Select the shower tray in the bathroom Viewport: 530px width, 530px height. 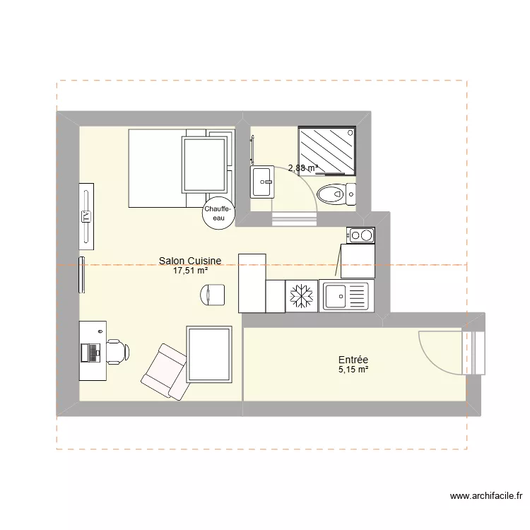point(326,150)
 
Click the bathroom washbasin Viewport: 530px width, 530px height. point(262,182)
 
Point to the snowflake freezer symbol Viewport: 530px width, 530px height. point(302,295)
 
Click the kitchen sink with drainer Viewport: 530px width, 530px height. point(345,295)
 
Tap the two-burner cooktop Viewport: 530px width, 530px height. point(360,235)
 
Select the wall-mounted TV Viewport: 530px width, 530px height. point(86,217)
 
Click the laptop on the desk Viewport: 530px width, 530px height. point(92,351)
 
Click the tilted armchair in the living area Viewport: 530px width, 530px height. point(164,369)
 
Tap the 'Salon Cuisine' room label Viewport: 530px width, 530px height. point(190,261)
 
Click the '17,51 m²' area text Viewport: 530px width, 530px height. point(190,271)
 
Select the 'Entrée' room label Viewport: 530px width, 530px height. point(353,360)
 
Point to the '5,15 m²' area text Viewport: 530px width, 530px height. point(353,370)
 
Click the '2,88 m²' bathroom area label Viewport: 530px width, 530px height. point(302,168)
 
